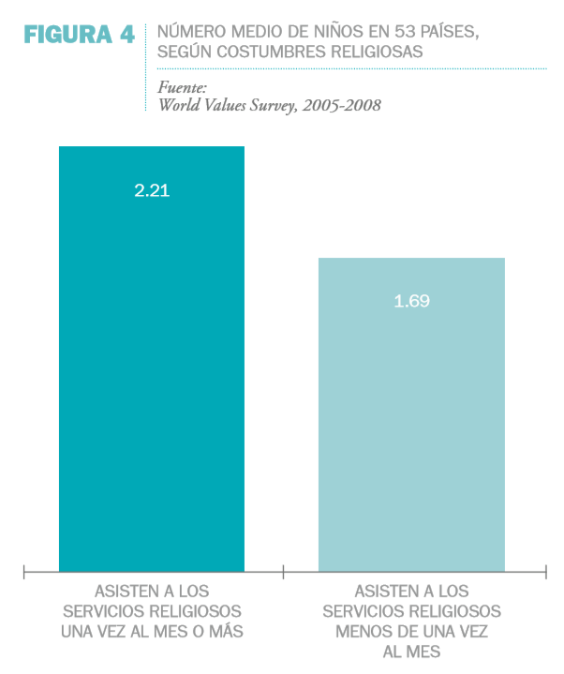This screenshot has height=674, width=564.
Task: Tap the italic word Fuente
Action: (179, 87)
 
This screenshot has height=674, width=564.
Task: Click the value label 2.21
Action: (152, 190)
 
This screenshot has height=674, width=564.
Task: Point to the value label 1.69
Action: (411, 302)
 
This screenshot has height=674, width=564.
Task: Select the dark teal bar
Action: (152, 375)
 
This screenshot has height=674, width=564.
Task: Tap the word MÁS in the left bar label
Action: (226, 632)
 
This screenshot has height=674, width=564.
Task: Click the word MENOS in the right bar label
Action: (361, 632)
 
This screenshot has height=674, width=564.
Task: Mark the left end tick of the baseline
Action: (24, 570)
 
